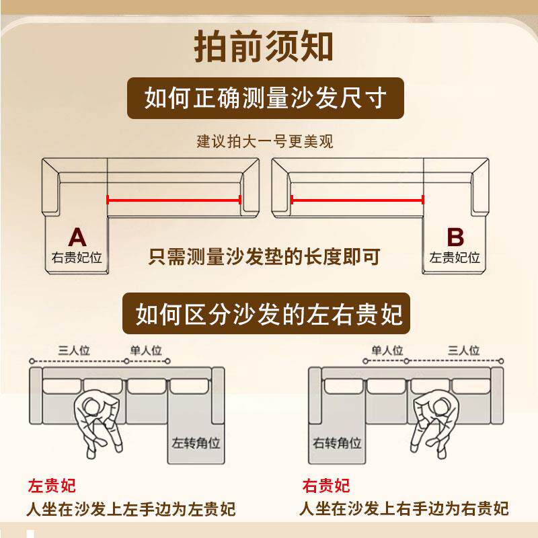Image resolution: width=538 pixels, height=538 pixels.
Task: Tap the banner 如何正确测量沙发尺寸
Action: pos(266,98)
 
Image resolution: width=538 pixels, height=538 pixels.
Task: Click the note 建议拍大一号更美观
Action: pos(264,142)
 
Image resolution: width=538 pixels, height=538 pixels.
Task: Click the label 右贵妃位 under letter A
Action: pos(77,257)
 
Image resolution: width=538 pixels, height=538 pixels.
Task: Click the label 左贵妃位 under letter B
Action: pos(455,257)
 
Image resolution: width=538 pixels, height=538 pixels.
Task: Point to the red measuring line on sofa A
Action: pos(174,199)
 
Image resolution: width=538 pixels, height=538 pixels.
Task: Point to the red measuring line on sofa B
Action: pos(356,199)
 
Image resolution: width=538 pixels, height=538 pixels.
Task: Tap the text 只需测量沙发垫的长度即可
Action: pos(264,256)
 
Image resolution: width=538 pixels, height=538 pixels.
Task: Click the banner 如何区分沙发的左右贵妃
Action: pos(269,313)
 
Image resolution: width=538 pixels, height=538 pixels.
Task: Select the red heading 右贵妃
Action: pos(326,486)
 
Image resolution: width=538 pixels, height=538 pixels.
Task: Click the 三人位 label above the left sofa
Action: pos(74,350)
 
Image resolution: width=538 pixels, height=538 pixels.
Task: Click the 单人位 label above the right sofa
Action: pos(387,350)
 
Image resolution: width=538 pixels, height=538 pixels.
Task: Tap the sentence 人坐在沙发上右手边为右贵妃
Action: pos(403,508)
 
